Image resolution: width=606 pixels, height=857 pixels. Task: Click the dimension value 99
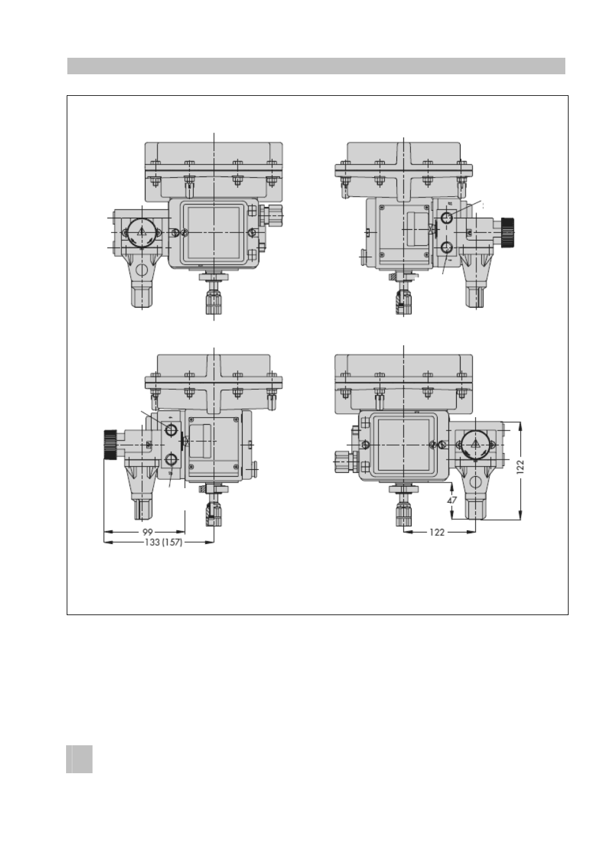tap(147, 532)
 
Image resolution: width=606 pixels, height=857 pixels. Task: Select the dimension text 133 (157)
tap(163, 543)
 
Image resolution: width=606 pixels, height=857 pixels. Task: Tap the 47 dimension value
tap(452, 500)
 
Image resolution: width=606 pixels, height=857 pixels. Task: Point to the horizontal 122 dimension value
tap(437, 532)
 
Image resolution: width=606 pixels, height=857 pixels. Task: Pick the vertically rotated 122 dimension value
tap(520, 467)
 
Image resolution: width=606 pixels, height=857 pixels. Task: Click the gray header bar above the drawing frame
tap(316, 66)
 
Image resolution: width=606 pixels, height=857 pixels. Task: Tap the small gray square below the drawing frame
tap(79, 759)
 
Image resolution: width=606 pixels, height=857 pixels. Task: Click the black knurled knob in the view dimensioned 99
tap(111, 444)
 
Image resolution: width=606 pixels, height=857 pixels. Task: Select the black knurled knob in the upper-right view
tap(508, 232)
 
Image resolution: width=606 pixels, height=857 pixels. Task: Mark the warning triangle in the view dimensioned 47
tap(475, 444)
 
